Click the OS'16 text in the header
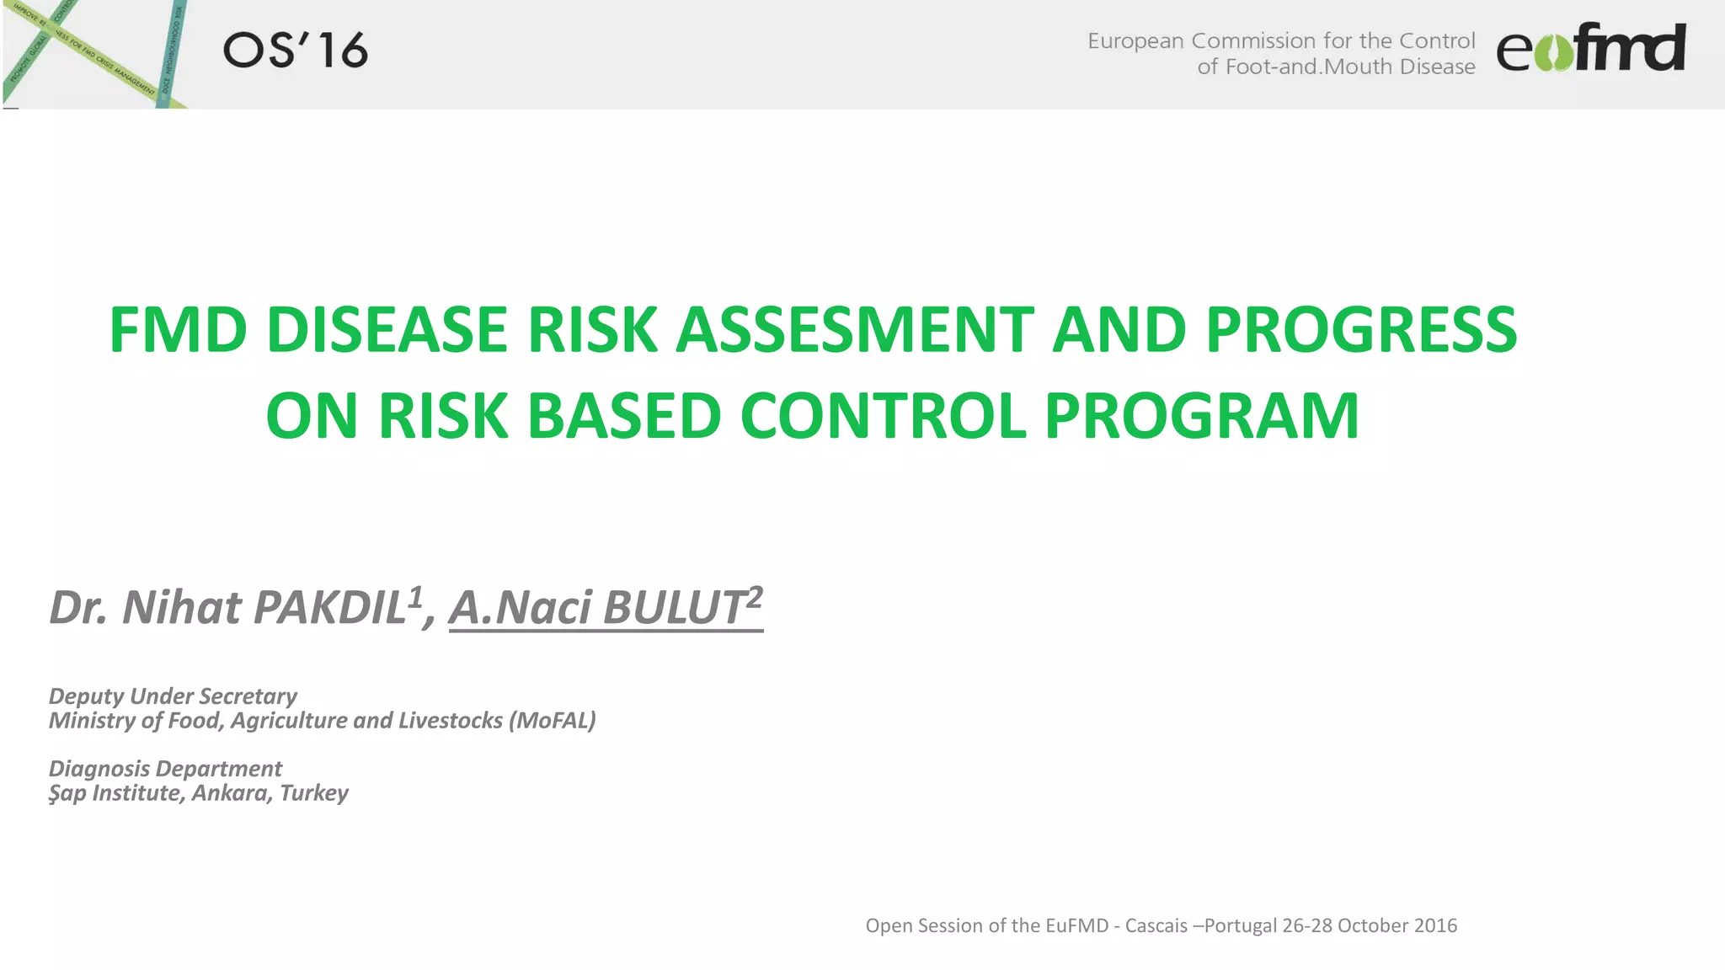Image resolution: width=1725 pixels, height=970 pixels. (296, 51)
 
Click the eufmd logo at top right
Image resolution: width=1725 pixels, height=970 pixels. (1590, 49)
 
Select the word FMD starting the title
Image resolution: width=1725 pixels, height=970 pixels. (178, 329)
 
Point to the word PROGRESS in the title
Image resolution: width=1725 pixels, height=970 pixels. (1361, 329)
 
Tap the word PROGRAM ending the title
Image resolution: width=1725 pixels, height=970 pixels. (1202, 416)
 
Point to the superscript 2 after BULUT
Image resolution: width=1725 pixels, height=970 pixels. (755, 596)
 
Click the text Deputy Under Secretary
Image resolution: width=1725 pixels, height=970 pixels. (173, 696)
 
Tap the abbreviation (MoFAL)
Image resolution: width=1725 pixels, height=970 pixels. (552, 721)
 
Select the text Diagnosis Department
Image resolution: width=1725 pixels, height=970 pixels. (165, 769)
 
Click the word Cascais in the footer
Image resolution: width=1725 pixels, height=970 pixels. (1156, 925)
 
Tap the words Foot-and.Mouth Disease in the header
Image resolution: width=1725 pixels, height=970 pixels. (1349, 67)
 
